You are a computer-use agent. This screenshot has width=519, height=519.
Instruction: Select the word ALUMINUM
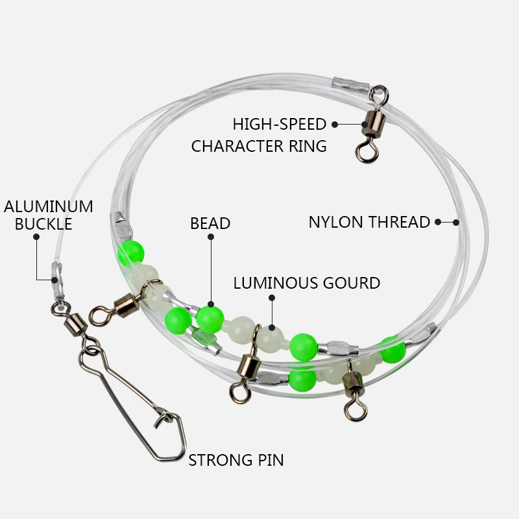pos(49,207)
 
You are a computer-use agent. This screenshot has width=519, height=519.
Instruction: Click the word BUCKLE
pos(43,224)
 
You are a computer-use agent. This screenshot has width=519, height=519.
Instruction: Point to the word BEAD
pos(210,223)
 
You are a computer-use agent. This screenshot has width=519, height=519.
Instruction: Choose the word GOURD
pos(352,284)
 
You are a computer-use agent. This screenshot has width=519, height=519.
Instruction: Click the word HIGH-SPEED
pos(280,125)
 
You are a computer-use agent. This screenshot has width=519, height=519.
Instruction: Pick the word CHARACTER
pos(237,147)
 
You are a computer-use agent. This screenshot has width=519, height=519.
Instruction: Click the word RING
pos(308,147)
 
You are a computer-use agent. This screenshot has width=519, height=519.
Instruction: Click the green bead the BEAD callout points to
pos(210,319)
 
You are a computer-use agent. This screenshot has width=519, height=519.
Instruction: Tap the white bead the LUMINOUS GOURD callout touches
pos(271,338)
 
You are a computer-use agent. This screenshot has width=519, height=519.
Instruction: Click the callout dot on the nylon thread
pos(456,222)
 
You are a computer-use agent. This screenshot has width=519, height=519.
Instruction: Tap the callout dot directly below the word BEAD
pos(211,237)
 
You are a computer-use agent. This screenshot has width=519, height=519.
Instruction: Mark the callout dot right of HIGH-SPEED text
pos(335,125)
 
